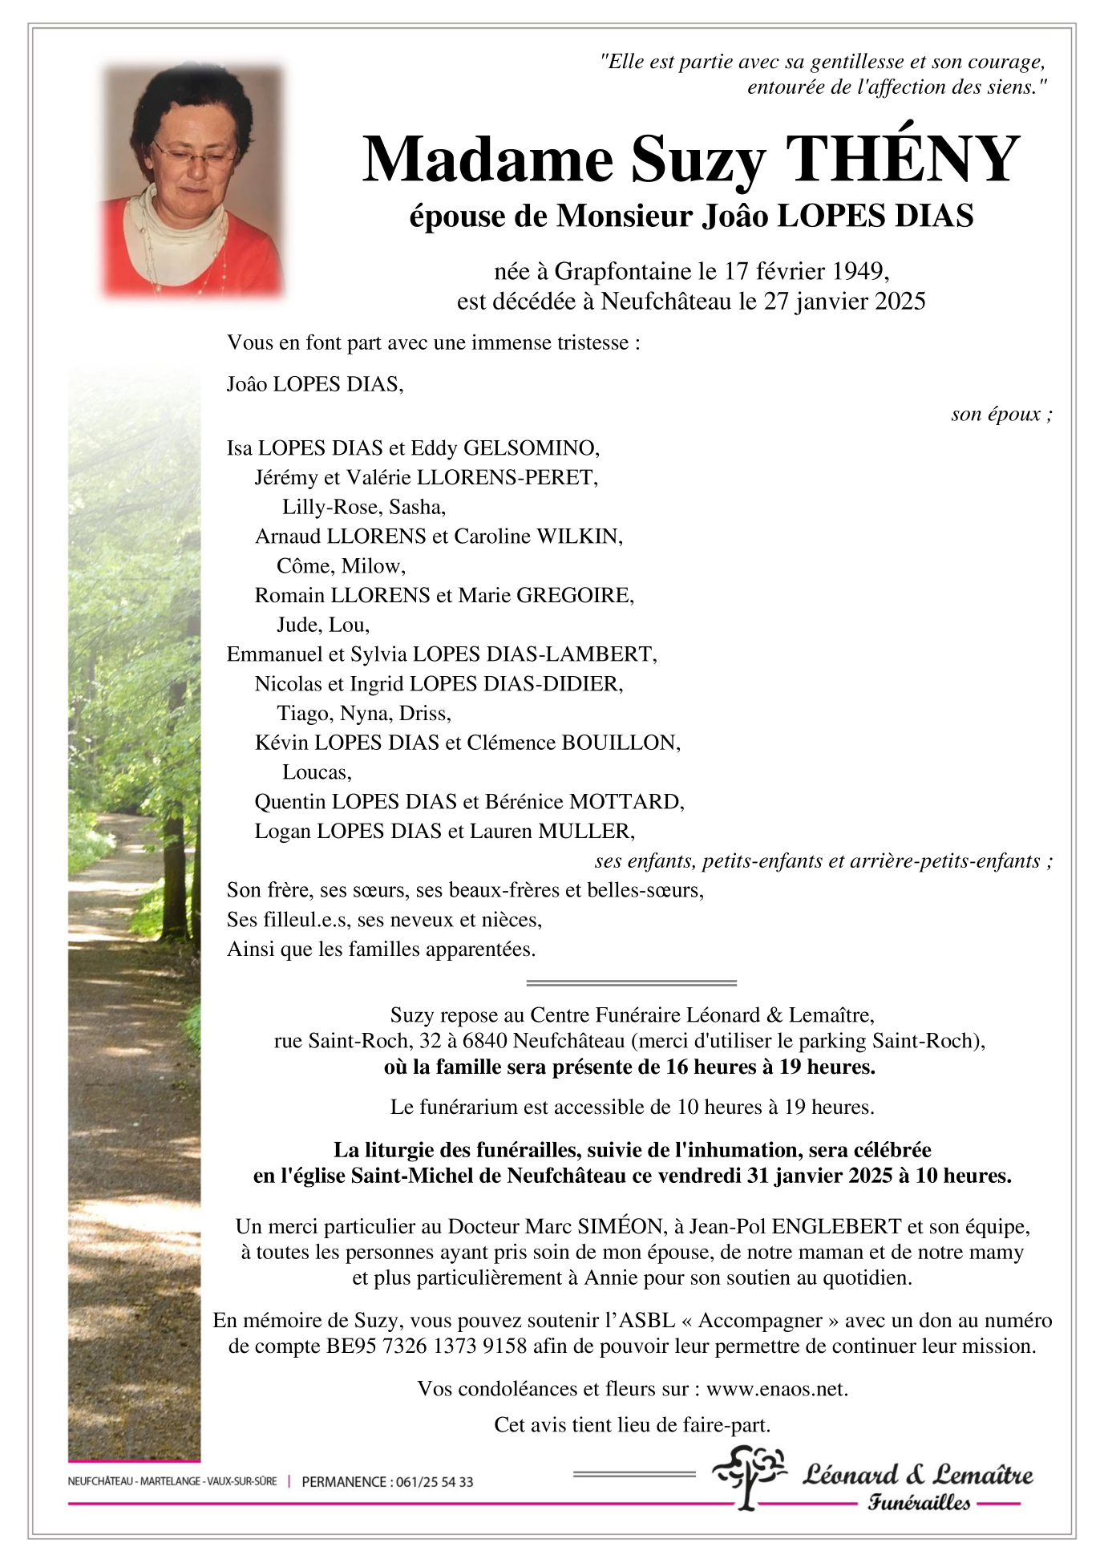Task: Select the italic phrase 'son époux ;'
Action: (1001, 415)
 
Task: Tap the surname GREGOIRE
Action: (574, 595)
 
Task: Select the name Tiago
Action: (302, 713)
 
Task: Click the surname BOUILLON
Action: (620, 743)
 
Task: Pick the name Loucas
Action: (316, 772)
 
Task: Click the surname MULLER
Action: (585, 832)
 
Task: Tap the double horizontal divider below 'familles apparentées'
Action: (631, 982)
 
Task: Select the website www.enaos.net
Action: (776, 1389)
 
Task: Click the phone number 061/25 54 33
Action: (434, 1482)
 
